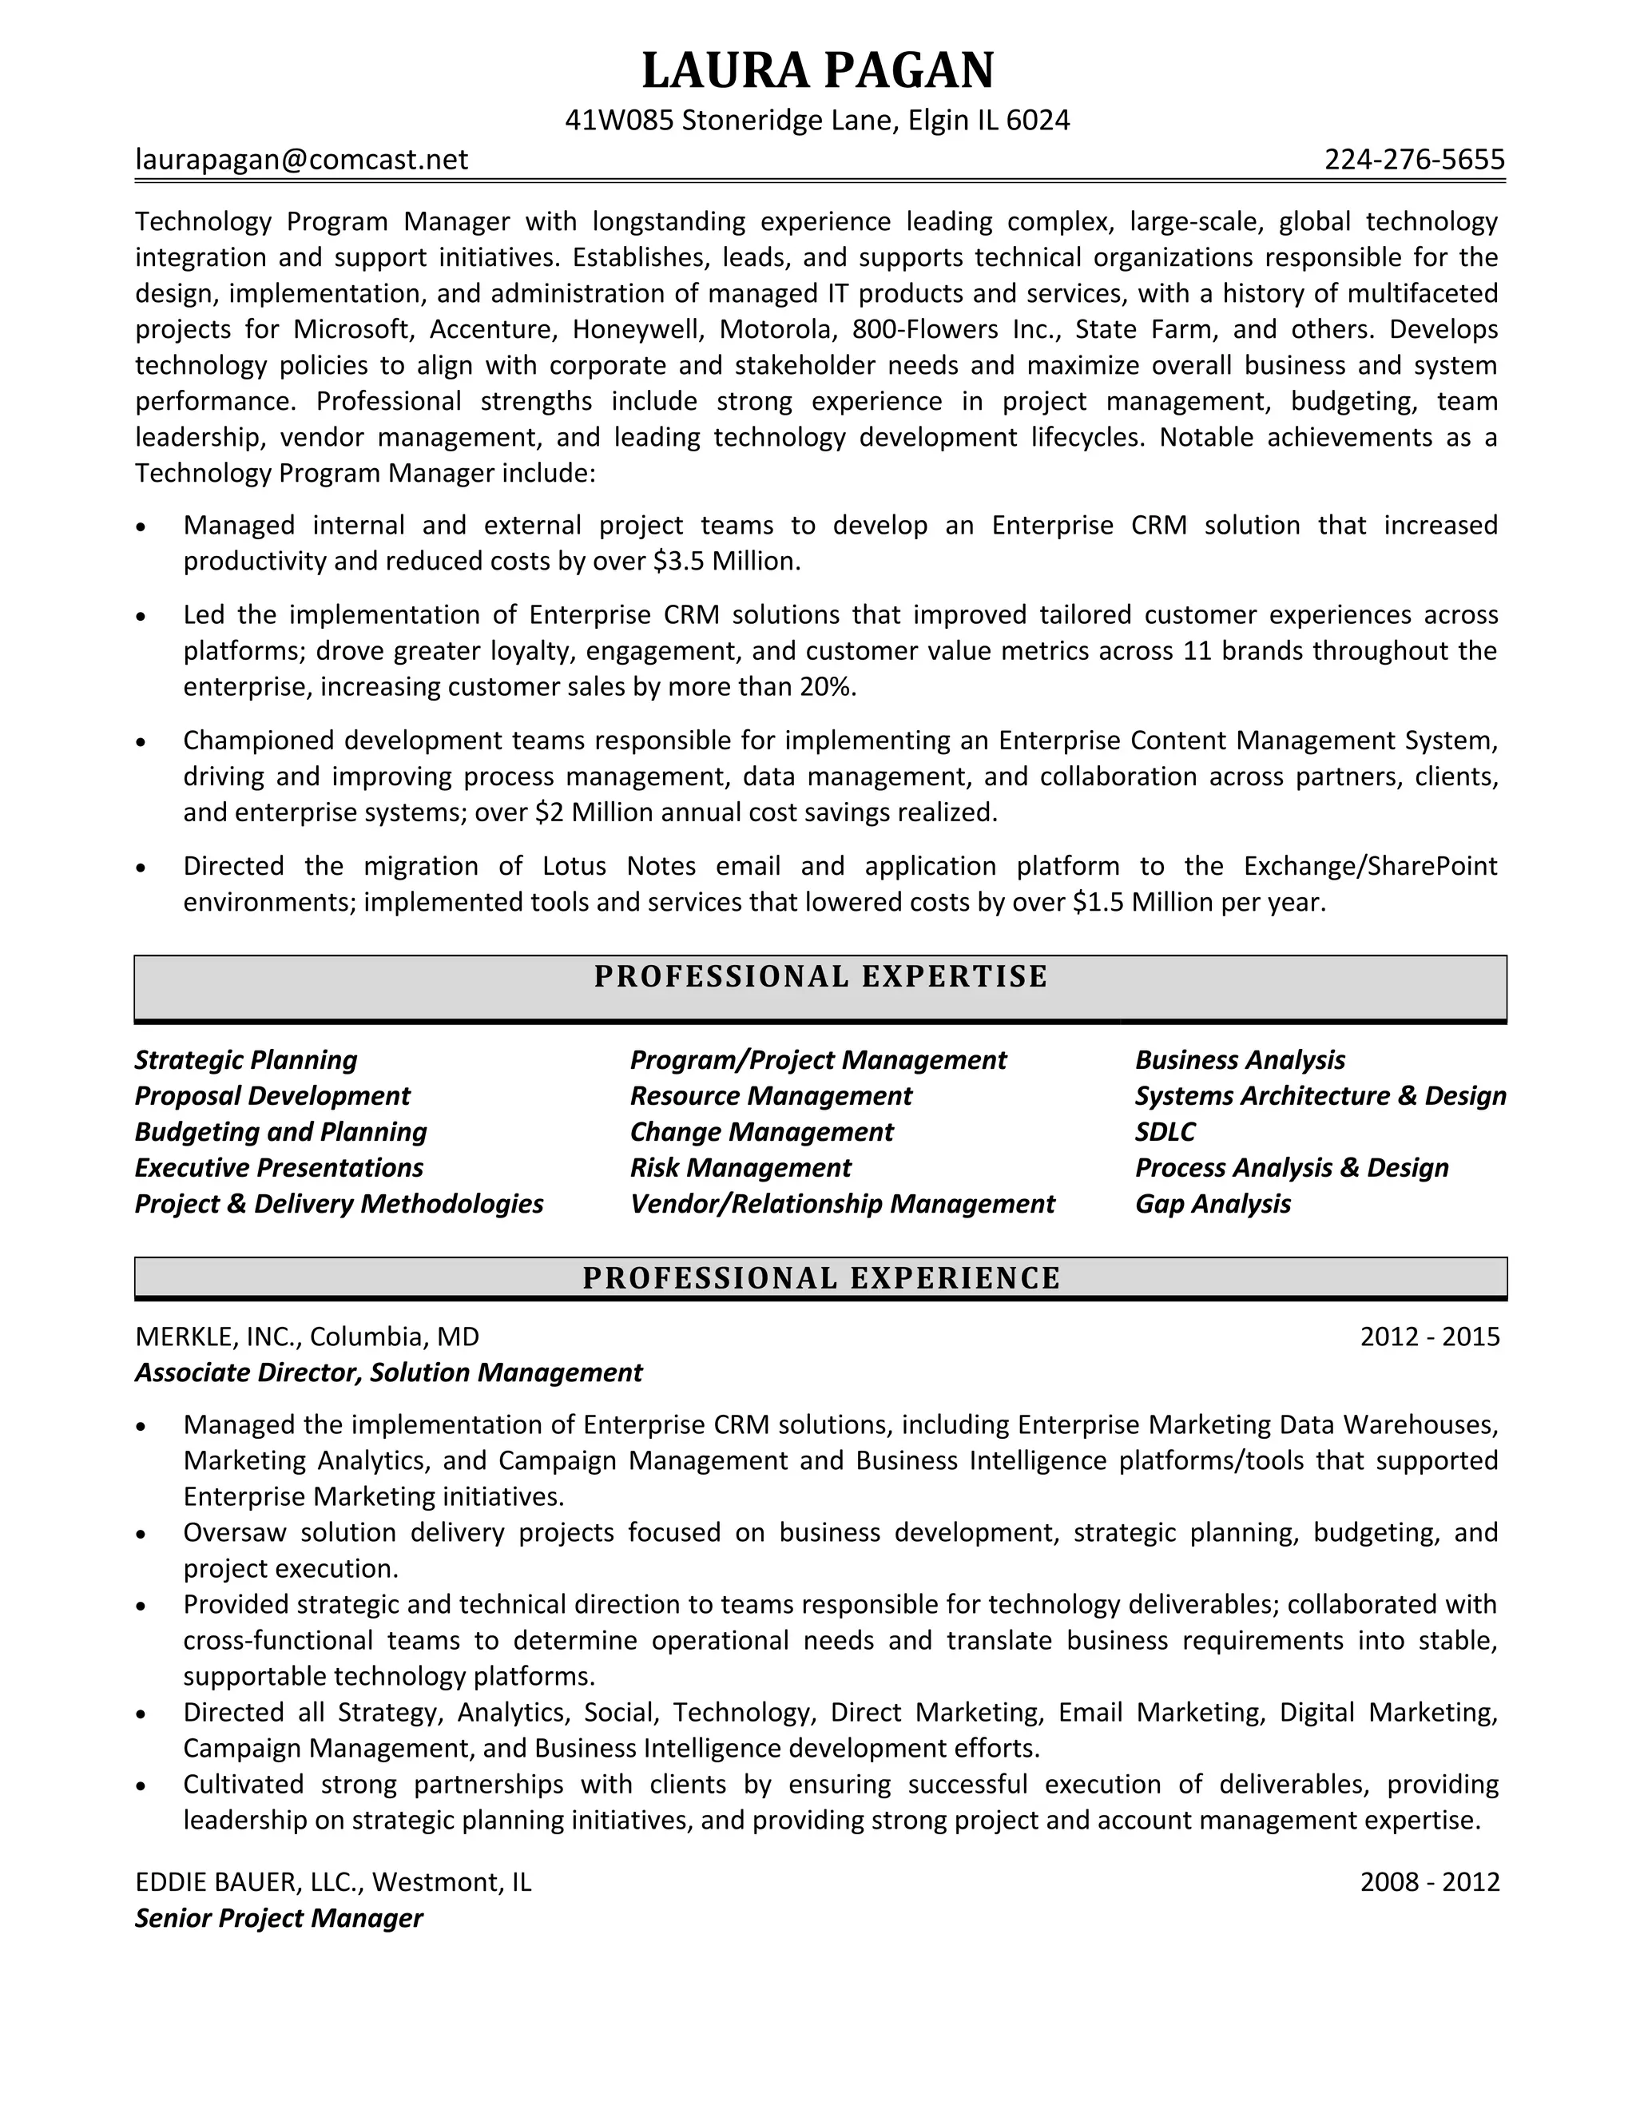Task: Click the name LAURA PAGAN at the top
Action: pyautogui.click(x=818, y=71)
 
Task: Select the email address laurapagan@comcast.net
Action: pyautogui.click(x=301, y=159)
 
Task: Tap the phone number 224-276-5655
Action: pyautogui.click(x=1414, y=159)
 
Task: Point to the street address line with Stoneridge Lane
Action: pyautogui.click(x=817, y=120)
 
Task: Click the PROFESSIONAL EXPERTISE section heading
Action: pyautogui.click(x=820, y=976)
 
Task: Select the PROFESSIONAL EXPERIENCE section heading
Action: pyautogui.click(x=820, y=1277)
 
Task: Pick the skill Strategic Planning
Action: pyautogui.click(x=246, y=1059)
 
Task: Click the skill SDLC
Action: pyautogui.click(x=1165, y=1131)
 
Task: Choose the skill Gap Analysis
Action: pyautogui.click(x=1213, y=1204)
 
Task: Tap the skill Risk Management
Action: pyautogui.click(x=741, y=1167)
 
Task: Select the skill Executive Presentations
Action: pyautogui.click(x=279, y=1167)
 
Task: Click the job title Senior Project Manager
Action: pyautogui.click(x=279, y=1917)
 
